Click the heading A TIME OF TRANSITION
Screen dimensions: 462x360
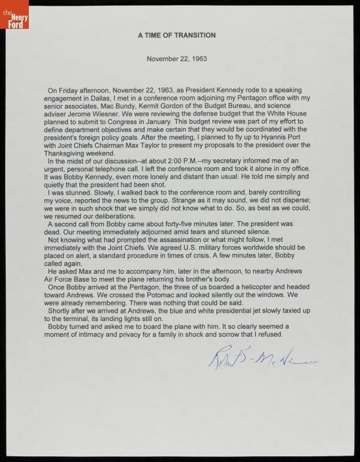pos(177,35)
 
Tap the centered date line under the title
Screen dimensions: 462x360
pos(177,59)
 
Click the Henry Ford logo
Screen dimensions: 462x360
pos(14,15)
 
